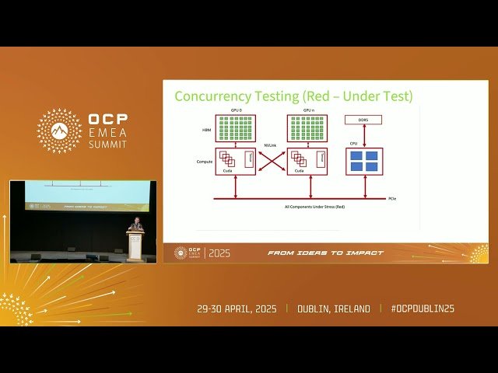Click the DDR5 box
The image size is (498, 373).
363,120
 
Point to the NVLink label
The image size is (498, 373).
271,145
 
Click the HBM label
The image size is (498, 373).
207,129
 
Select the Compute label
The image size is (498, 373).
205,162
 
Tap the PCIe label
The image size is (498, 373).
393,199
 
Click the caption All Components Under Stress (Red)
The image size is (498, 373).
311,207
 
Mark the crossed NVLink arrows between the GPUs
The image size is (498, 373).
271,161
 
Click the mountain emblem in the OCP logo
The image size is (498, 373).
59,131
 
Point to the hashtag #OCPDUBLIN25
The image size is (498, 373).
423,309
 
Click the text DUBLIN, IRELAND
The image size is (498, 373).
334,309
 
